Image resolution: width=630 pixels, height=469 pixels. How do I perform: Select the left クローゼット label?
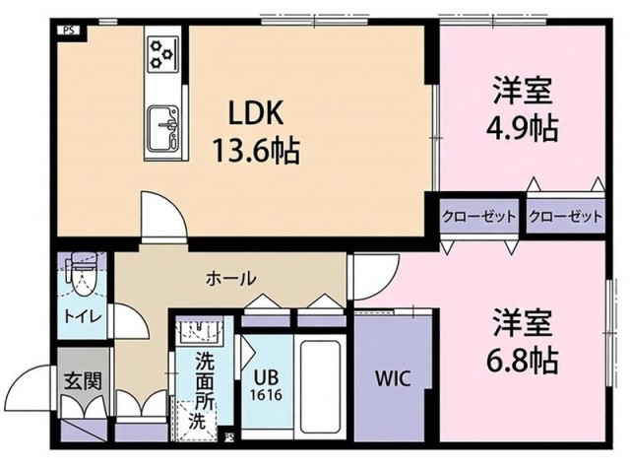[x=477, y=217]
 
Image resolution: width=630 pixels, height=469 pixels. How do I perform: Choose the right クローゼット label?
[x=564, y=217]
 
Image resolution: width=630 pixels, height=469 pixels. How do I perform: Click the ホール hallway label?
[x=230, y=278]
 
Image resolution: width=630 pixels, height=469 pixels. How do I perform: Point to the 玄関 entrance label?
[x=79, y=380]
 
